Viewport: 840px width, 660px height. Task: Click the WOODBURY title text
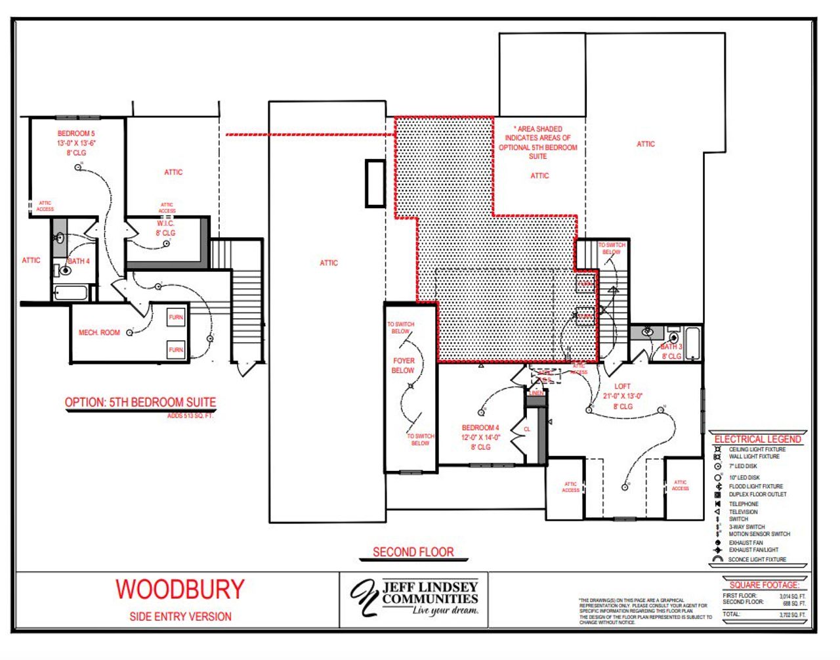pos(180,589)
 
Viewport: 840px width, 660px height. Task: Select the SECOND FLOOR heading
pos(413,552)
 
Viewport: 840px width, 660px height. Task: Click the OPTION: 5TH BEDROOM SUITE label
pos(140,403)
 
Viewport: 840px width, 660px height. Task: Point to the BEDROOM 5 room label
pos(76,134)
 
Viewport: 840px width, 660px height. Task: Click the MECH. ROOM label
pos(99,333)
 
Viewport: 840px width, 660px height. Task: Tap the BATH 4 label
pos(79,261)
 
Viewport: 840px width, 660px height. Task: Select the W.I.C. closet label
pos(165,224)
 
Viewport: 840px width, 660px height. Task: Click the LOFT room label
pos(622,386)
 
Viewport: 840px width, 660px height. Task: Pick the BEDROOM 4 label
pos(480,428)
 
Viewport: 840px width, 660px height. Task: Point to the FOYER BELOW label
pos(404,366)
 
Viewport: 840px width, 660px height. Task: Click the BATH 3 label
pos(671,347)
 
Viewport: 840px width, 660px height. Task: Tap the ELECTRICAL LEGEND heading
pos(757,439)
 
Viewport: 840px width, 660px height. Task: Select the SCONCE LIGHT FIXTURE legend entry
pos(757,560)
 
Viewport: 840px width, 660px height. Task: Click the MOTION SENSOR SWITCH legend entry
pos(759,534)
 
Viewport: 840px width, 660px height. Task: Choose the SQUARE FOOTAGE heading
pos(764,584)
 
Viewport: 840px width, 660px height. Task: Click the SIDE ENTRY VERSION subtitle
pos(180,617)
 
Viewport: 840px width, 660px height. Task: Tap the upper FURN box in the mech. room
pos(176,317)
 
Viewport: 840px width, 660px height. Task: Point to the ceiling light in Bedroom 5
pos(78,167)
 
